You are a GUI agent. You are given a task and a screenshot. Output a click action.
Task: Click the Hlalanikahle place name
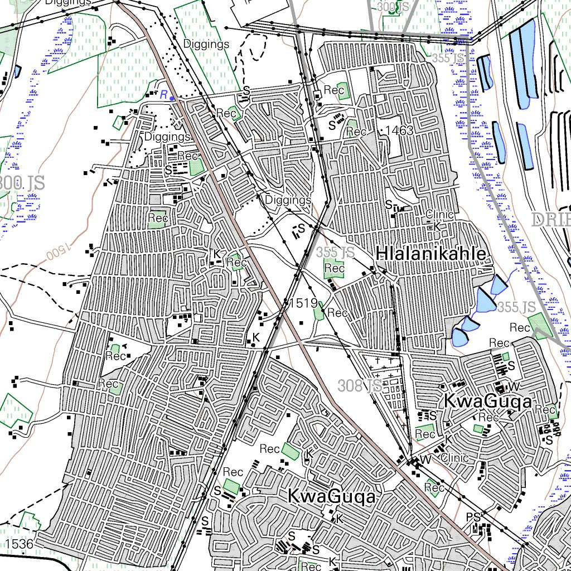(430, 254)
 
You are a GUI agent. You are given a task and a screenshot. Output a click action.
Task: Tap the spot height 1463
(399, 131)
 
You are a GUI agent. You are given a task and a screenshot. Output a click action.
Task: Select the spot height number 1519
(303, 303)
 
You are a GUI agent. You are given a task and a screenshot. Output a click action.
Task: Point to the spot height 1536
(20, 543)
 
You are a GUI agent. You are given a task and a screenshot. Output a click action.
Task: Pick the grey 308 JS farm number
(360, 385)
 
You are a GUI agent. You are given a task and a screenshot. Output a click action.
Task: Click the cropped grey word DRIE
(551, 219)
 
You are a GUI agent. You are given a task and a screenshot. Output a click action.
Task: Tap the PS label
(473, 517)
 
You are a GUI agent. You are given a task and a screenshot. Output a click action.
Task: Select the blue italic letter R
(163, 95)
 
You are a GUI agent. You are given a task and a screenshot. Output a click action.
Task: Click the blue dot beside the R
(172, 99)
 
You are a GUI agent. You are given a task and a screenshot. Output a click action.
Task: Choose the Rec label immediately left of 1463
(356, 132)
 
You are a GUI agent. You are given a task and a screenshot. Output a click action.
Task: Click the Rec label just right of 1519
(337, 313)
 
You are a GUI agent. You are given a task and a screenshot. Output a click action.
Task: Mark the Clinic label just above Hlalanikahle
(439, 215)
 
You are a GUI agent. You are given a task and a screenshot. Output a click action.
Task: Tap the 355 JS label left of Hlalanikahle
(335, 253)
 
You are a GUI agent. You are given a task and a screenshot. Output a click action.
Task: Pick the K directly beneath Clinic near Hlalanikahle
(437, 226)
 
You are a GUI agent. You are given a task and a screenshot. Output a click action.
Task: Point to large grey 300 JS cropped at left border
(21, 182)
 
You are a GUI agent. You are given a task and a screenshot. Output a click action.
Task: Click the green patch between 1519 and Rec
(319, 311)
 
